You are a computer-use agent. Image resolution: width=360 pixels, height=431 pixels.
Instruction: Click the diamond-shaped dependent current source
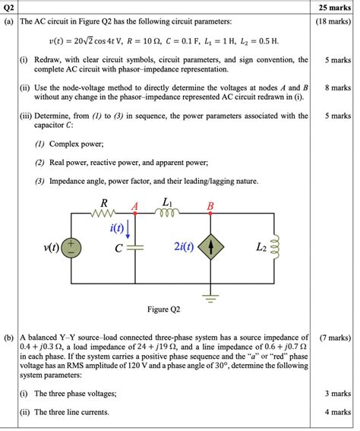[x=211, y=248]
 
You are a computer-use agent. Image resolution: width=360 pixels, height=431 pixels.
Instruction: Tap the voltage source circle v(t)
[x=73, y=248]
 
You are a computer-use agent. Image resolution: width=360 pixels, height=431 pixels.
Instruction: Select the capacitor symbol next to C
[x=135, y=248]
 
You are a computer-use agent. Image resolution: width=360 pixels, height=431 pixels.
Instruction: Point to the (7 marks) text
[x=334, y=336]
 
